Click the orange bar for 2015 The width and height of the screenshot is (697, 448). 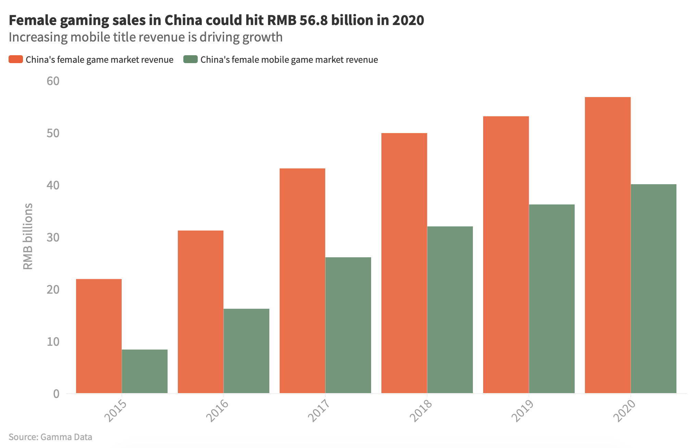[99, 336]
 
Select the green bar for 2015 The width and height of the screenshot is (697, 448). [145, 371]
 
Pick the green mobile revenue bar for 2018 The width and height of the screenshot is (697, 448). [450, 310]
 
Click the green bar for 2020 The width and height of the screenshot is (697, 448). [653, 288]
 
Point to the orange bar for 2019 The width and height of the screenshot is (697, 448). [506, 255]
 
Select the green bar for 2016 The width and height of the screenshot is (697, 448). [246, 351]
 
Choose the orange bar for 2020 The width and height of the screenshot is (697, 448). [608, 245]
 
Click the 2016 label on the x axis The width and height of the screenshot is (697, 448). [217, 411]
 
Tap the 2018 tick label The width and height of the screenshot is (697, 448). [421, 411]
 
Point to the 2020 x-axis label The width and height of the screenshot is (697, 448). [624, 411]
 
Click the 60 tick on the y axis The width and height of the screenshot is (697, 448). [53, 81]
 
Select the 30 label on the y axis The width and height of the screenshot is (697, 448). [53, 237]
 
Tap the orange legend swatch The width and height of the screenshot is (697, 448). [16, 59]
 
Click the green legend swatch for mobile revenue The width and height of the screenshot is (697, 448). [191, 59]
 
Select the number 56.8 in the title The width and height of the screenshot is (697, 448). [314, 20]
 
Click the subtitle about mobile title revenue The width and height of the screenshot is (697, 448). [146, 37]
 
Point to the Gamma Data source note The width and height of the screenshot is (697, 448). [50, 437]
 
